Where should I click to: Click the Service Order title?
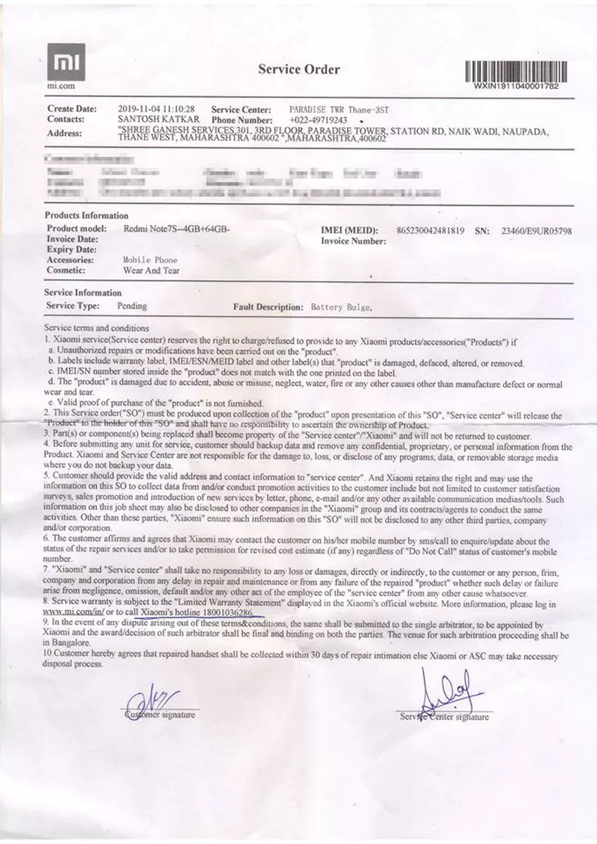pyautogui.click(x=298, y=69)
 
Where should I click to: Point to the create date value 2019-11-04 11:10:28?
pyautogui.click(x=157, y=110)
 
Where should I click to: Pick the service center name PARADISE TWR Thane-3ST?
pyautogui.click(x=339, y=110)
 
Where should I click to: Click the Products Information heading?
pyautogui.click(x=86, y=216)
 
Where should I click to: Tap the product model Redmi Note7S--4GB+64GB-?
pyautogui.click(x=177, y=229)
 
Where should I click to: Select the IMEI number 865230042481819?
pyautogui.click(x=431, y=230)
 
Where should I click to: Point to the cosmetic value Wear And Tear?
pyautogui.click(x=152, y=270)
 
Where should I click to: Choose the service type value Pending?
pyautogui.click(x=132, y=306)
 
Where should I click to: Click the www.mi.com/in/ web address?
pyautogui.click(x=73, y=612)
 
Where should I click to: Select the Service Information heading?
pyautogui.click(x=83, y=293)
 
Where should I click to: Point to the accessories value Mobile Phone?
pyautogui.click(x=150, y=259)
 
